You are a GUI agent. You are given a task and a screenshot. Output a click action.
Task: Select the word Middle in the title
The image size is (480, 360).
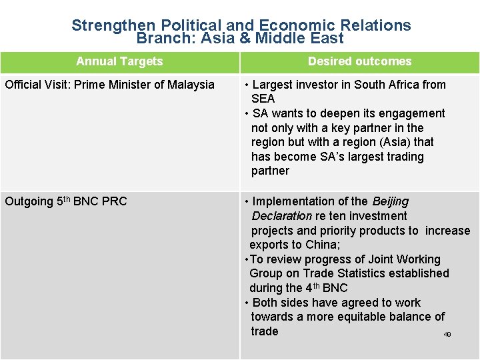coord(282,39)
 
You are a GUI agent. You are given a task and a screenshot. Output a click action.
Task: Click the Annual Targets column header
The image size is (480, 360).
coord(119,61)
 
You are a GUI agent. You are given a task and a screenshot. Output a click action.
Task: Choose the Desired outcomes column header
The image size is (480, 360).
coord(359,61)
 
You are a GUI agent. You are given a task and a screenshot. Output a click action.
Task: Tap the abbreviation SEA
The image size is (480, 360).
coord(263,99)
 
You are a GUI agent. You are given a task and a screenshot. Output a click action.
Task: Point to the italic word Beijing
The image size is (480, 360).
coord(390,201)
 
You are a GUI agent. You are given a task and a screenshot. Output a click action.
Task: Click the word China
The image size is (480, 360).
coord(321,245)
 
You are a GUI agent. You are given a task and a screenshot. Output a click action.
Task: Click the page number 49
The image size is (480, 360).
coord(447,334)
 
